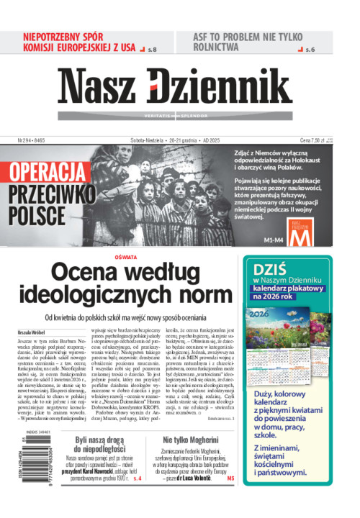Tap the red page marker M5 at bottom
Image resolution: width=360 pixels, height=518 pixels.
[x=230, y=499]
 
